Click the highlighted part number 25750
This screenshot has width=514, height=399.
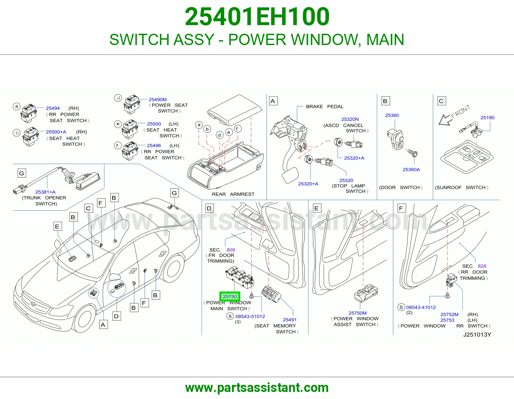[x=230, y=296]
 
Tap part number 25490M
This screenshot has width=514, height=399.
[x=157, y=99]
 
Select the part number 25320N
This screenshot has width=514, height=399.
[x=350, y=119]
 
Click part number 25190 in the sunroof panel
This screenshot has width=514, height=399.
[x=487, y=117]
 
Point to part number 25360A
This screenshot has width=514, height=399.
[x=411, y=169]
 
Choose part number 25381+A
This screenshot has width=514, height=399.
[x=45, y=192]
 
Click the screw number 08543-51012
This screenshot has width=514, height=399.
[x=250, y=316]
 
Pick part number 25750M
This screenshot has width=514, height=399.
[x=358, y=313]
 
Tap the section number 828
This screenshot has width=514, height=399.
[x=482, y=266]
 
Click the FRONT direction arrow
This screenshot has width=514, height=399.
[x=445, y=120]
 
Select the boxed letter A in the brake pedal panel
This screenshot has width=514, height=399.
[x=273, y=101]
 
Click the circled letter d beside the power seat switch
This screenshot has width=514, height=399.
[x=118, y=98]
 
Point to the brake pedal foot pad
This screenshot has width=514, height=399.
[x=290, y=175]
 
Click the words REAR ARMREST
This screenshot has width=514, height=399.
[x=233, y=194]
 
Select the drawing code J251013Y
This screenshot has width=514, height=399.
[x=477, y=335]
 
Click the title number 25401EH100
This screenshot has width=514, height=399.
[x=257, y=16]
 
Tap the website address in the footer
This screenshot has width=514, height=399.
[x=257, y=387]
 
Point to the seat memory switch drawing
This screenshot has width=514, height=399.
[x=271, y=294]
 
